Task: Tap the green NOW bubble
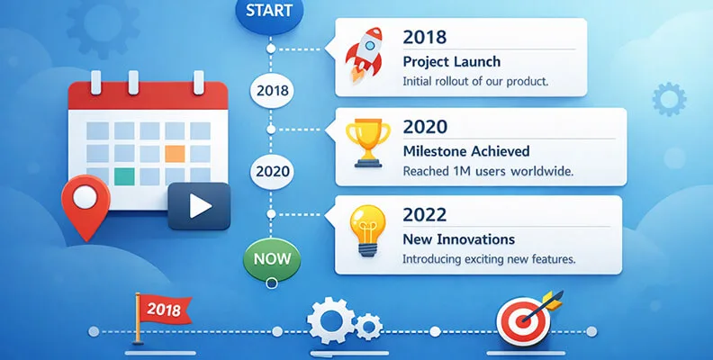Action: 271,258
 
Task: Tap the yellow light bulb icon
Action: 367,229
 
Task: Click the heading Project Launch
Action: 451,62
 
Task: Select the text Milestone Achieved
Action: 465,150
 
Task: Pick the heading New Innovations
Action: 458,239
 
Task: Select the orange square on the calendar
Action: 176,153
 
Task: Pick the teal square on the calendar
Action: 124,175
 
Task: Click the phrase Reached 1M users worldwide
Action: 487,171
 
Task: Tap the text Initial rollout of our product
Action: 474,82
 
